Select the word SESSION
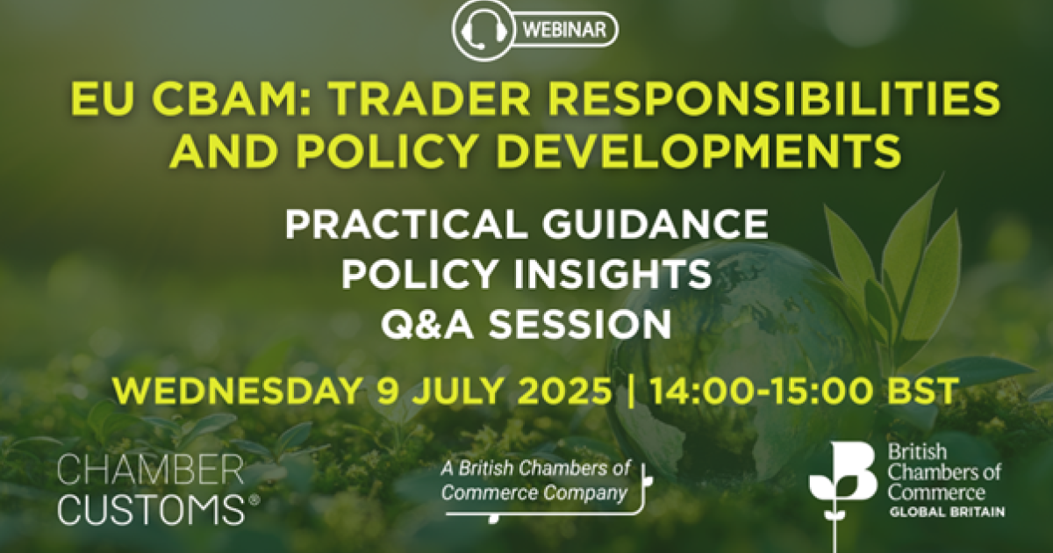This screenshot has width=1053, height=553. (x=579, y=325)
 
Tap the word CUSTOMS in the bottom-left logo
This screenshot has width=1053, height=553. (x=151, y=509)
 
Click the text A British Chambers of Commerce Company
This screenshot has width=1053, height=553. (x=535, y=482)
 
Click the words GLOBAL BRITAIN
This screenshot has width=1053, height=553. (x=947, y=512)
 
